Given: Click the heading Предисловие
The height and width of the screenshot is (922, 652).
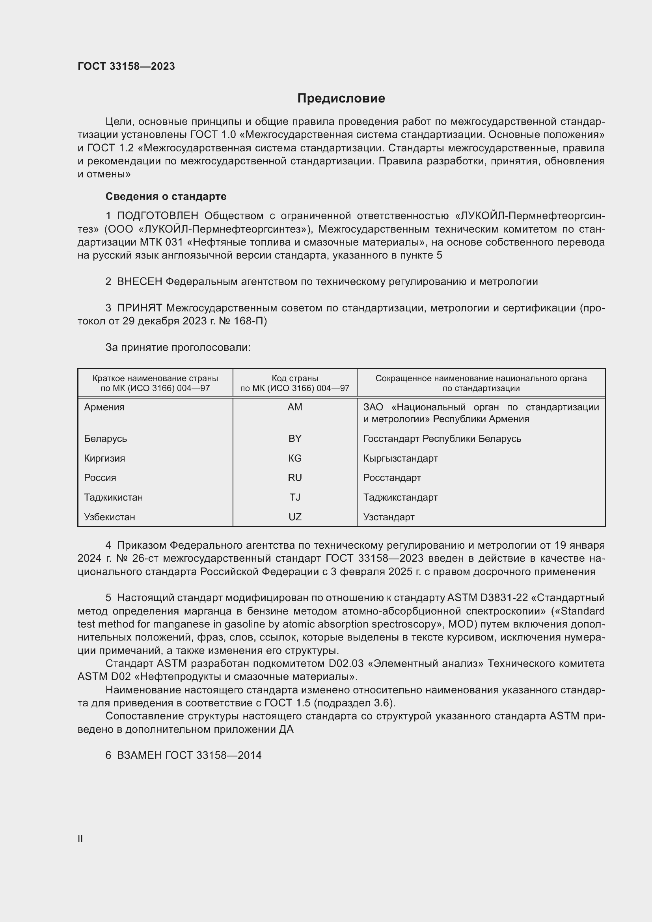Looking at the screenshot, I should coord(341,99).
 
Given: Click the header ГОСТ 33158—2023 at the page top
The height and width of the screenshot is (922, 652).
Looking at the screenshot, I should coord(126,66).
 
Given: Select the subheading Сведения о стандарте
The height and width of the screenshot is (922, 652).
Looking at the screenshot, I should coord(166,196).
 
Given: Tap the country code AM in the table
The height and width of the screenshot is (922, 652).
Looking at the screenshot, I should coord(295,407).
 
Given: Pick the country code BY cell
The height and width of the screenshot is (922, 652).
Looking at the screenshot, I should coord(295,438).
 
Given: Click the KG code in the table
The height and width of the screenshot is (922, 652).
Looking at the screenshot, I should coord(295,458).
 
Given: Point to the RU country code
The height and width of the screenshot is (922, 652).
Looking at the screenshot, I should coord(295,477).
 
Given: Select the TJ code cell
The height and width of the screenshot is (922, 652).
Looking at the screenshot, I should coord(295,497).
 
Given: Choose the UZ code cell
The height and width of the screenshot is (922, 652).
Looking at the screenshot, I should coord(295,517).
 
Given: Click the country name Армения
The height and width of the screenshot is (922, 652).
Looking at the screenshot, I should coord(104,407).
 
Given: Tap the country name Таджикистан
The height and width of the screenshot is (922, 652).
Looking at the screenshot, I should coord(113,497).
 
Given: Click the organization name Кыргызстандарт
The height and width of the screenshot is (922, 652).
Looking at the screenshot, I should coord(400,458).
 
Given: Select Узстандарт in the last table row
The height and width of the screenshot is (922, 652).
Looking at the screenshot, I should coord(389,517).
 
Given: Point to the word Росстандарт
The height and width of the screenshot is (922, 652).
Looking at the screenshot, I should coord(392,477).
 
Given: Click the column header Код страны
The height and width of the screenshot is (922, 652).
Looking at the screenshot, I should coord(295,378).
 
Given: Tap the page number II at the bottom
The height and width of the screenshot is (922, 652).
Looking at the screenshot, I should coord(80,838).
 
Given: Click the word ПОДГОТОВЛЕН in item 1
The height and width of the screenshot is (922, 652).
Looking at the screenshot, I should coord(157,216).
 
